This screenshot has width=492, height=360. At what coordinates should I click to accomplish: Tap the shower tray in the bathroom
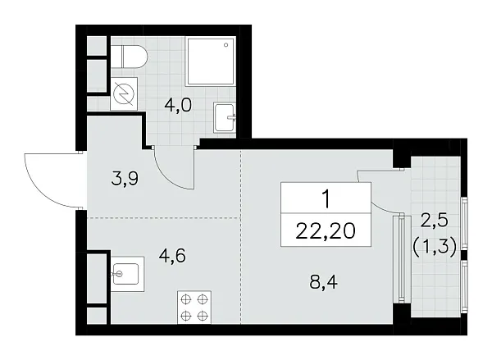click(211, 62)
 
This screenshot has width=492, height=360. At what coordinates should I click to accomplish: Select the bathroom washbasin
click(224, 116)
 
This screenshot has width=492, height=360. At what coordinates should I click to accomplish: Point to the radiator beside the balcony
click(400, 257)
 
